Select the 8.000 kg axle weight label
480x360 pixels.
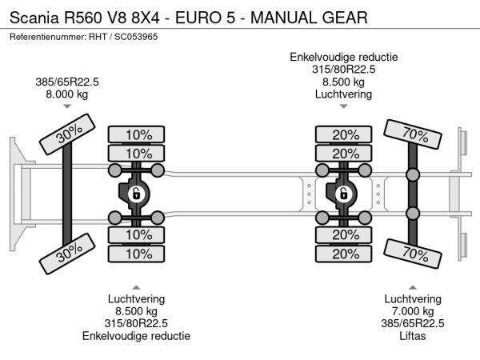66,93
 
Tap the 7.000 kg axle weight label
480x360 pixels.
413,310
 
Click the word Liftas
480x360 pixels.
413,335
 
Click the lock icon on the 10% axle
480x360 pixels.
136,194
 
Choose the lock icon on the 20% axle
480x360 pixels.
344,194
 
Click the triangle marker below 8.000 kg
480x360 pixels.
66,106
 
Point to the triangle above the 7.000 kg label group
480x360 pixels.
413,286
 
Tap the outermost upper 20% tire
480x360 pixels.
345,134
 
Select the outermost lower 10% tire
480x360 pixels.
138,254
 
